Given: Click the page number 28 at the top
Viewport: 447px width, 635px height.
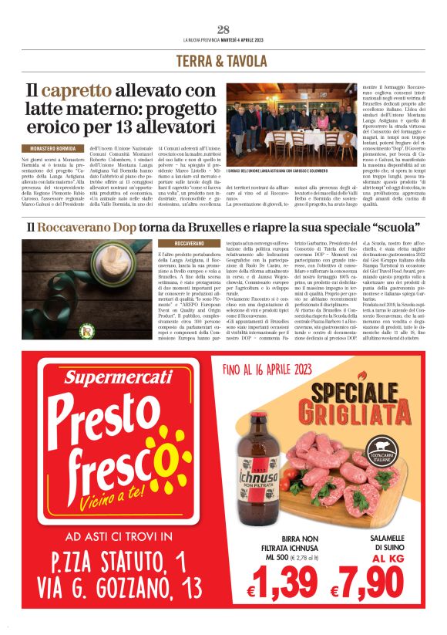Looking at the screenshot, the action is (223, 30).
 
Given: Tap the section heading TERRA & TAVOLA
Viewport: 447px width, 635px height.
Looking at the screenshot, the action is (223, 59).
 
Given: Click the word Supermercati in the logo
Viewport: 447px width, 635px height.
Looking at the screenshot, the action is (118, 377).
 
